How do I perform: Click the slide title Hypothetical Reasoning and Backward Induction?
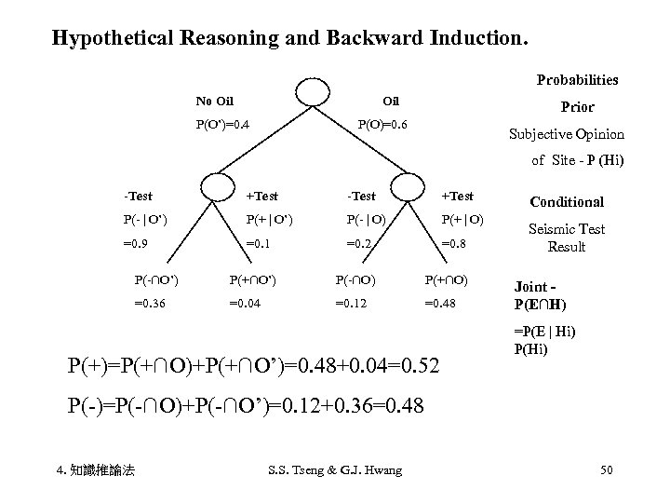(x=289, y=39)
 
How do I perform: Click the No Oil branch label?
(x=214, y=101)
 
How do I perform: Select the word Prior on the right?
(x=578, y=107)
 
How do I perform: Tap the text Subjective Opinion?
(x=566, y=134)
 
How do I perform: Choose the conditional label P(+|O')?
(x=269, y=220)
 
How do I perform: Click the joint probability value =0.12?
(x=353, y=303)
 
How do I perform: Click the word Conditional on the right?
(x=567, y=201)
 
